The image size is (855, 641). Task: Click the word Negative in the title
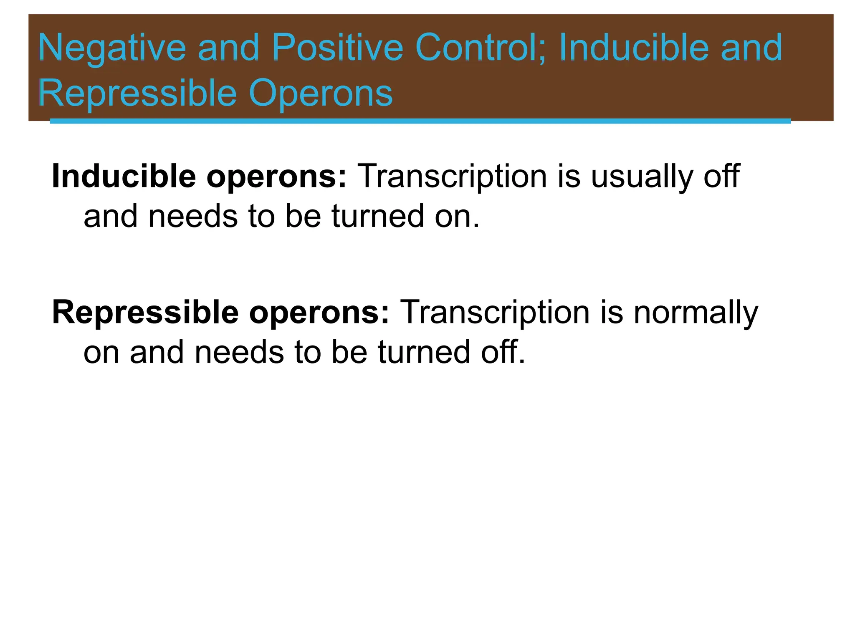[x=112, y=48]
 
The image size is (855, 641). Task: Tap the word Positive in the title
[x=337, y=48]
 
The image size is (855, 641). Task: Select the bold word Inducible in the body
[x=124, y=176]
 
